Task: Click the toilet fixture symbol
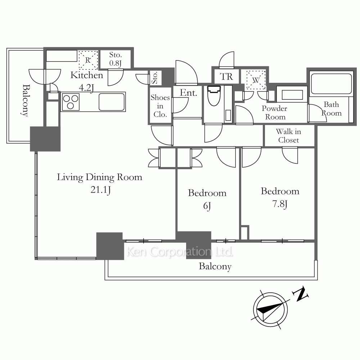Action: click(x=214, y=95)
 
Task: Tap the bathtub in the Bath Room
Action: click(x=331, y=84)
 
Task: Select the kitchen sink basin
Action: click(x=112, y=102)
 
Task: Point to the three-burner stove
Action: click(x=71, y=102)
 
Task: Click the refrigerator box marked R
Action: click(x=88, y=60)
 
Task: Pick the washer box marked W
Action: click(x=256, y=80)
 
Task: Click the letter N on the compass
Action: click(x=300, y=293)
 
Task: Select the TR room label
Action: click(x=226, y=76)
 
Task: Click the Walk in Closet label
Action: click(x=288, y=136)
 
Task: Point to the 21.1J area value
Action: click(x=100, y=190)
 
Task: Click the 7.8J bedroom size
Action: click(x=280, y=204)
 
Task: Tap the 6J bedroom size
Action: click(x=207, y=206)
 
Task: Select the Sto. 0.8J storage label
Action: click(x=115, y=59)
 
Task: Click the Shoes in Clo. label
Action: click(x=160, y=106)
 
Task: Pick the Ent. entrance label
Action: click(x=188, y=93)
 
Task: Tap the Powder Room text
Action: click(x=275, y=112)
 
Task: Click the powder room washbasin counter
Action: click(x=292, y=94)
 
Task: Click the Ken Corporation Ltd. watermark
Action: click(x=180, y=252)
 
